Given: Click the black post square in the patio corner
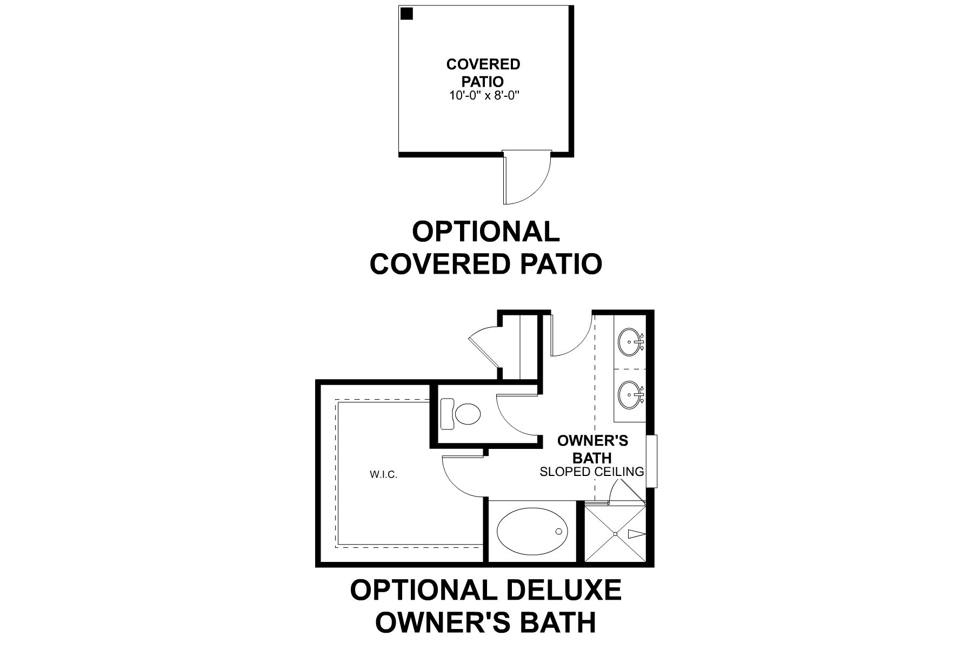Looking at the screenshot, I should pos(406,14).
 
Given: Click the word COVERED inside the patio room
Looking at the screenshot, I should pos(483,64).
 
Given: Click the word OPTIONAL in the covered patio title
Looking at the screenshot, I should pos(485,232).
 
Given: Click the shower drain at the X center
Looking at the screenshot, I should pos(615,534).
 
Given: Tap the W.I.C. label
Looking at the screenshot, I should pos(384,475).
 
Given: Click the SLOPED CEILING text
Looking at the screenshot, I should pos(592,472).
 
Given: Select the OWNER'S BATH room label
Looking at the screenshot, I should pos(592,449).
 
